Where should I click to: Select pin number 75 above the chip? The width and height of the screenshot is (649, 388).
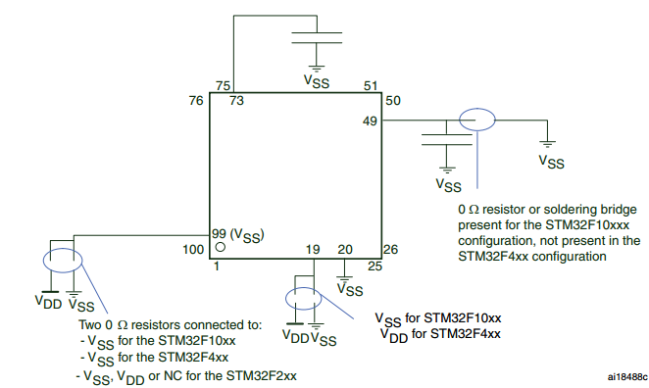(224, 85)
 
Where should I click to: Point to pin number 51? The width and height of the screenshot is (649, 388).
(370, 85)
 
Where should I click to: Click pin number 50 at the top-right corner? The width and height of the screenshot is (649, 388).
(393, 101)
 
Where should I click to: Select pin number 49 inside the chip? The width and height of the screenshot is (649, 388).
(370, 121)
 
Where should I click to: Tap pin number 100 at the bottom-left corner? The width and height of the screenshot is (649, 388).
(194, 250)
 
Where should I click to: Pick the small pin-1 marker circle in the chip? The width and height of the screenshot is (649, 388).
(221, 249)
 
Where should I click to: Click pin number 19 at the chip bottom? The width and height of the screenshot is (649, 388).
(314, 250)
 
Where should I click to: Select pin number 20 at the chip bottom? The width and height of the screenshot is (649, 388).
(345, 250)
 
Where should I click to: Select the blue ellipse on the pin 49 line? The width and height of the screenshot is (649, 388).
(477, 121)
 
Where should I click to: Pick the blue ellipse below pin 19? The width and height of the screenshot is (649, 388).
(303, 298)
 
